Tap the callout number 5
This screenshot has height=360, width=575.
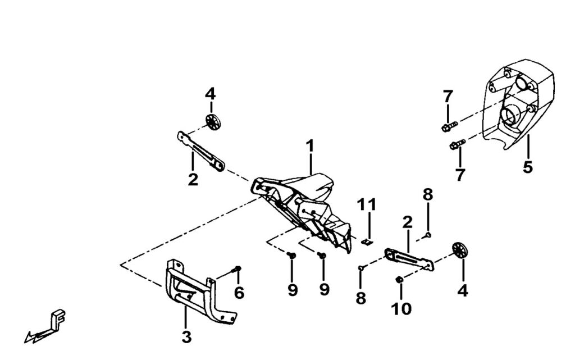click(x=527, y=167)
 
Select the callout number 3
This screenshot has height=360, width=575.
click(x=186, y=338)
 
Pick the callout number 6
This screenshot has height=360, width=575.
click(x=239, y=293)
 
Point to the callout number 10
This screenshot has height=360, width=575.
click(x=403, y=308)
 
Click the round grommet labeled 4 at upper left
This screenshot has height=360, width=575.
click(x=212, y=121)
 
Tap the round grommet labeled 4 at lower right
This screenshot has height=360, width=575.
click(x=460, y=250)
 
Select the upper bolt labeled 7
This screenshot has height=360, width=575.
click(x=449, y=125)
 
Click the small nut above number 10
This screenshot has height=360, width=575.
click(x=400, y=279)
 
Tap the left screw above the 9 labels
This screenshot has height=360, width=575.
click(x=292, y=256)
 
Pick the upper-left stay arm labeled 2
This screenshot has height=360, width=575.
click(x=200, y=150)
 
